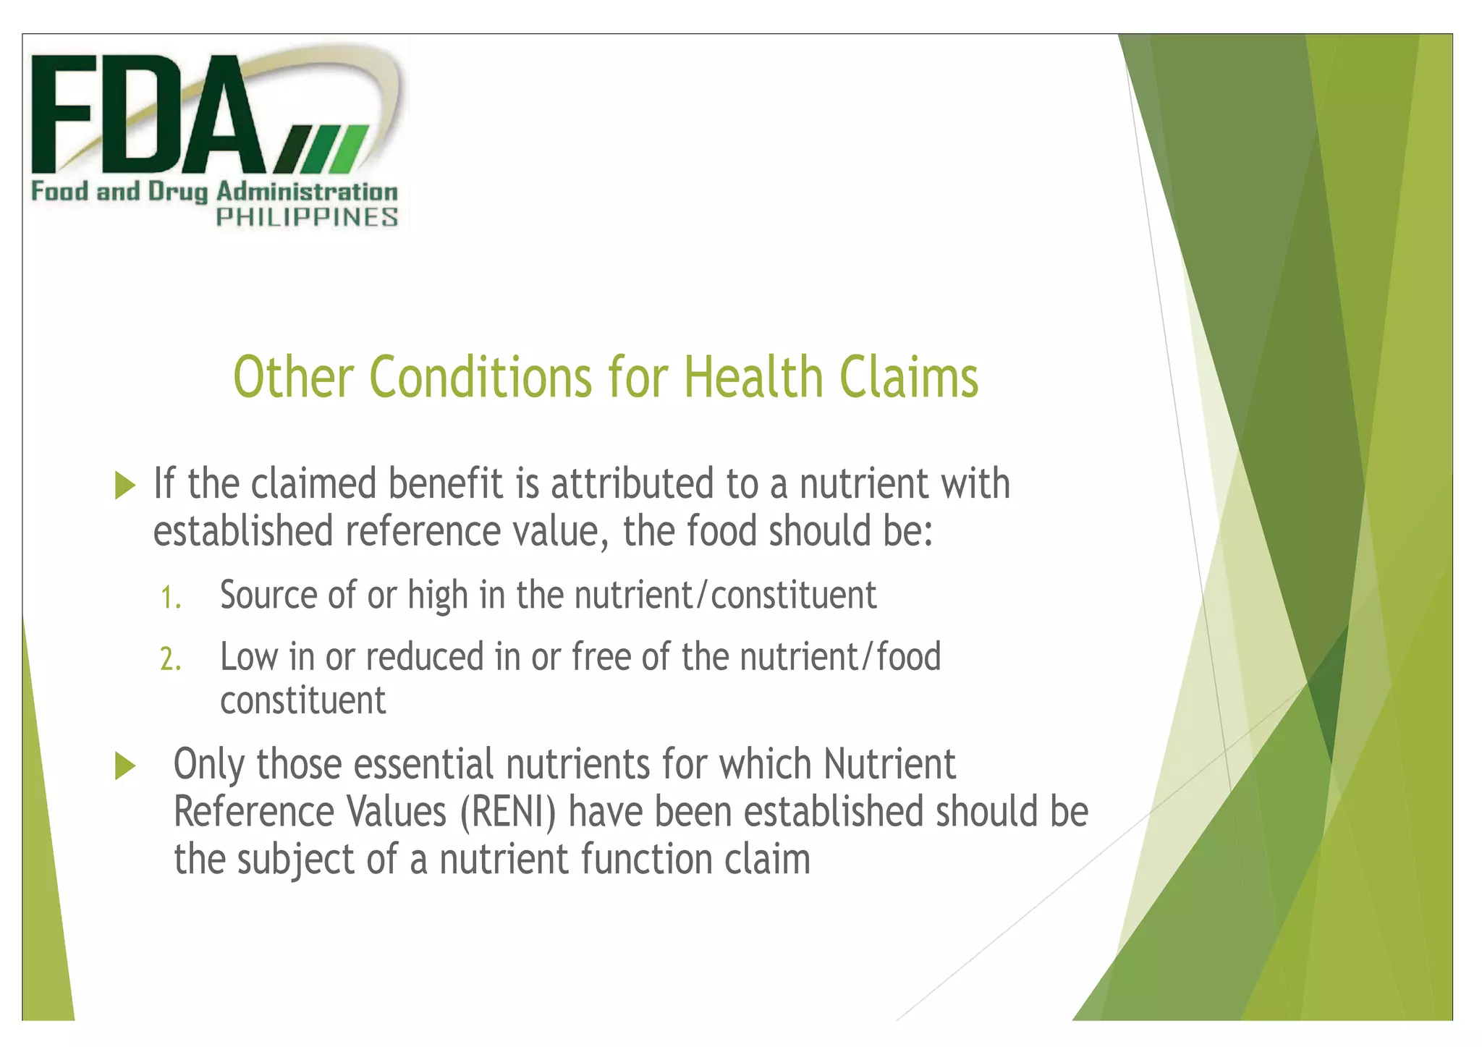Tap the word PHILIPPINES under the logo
(307, 217)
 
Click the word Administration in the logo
(307, 192)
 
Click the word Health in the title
(753, 378)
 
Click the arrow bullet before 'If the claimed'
(125, 485)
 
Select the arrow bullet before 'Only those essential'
(125, 766)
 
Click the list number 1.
(170, 598)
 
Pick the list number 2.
(170, 660)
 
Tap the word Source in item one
(268, 595)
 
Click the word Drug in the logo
(178, 192)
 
